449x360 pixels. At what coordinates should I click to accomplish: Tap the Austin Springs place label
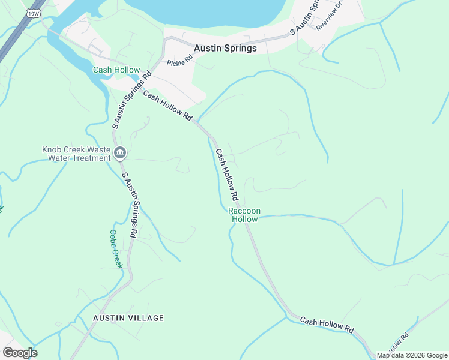click(225, 48)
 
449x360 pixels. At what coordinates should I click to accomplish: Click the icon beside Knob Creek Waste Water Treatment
click(119, 154)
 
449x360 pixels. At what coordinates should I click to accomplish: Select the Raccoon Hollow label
click(244, 215)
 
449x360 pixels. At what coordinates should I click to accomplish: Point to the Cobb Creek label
click(116, 249)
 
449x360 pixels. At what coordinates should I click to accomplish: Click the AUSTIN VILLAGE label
click(128, 318)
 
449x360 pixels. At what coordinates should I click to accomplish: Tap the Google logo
click(20, 353)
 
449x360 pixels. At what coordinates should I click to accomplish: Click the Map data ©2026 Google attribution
click(412, 355)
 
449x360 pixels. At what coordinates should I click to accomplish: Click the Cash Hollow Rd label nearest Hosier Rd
click(327, 325)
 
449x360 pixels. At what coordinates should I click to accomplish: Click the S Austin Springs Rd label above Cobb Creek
click(131, 203)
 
